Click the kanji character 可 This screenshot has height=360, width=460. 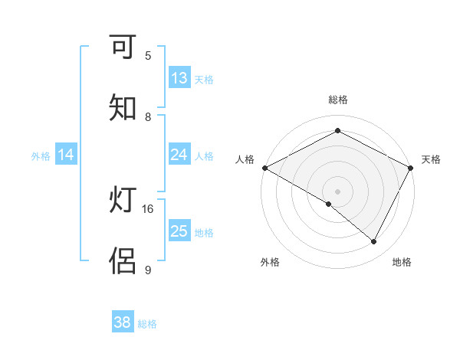coord(123,47)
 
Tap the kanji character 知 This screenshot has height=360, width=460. coord(123,108)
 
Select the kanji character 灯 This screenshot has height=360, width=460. coord(123,201)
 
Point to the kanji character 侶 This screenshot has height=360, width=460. coord(123,261)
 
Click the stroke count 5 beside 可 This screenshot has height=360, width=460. coord(148,56)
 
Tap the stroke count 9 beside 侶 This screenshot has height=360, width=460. coord(148,270)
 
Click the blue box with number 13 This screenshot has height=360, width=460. coord(179,78)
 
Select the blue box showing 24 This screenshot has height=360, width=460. coord(179,155)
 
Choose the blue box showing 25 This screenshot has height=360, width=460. coord(179,231)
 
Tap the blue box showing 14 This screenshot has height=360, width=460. coord(66,155)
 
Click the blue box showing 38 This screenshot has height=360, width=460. coord(123,322)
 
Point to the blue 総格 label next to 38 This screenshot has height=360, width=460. coord(147,324)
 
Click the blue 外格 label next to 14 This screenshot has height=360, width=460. coord(41,156)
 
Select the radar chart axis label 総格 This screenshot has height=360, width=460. coord(338,100)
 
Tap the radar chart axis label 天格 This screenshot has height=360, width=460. coord(431,159)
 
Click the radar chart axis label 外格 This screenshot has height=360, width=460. coord(270,262)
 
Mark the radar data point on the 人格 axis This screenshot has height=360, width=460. coord(264,168)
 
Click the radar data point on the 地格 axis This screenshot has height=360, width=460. coord(374,242)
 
